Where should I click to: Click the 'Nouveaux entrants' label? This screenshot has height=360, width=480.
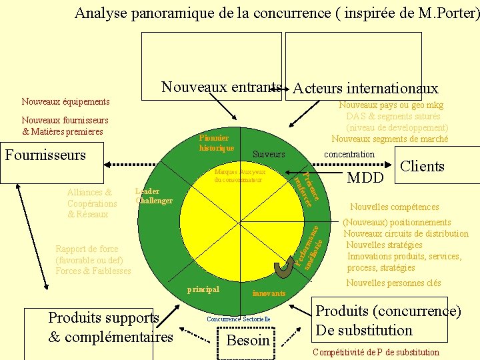pos(221,87)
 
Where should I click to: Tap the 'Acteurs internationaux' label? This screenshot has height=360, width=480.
pos(365,88)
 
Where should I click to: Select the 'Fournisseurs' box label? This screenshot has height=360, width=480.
pos(45,155)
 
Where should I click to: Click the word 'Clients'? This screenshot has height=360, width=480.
pos(422,166)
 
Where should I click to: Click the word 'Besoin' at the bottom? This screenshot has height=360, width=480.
pos(248,341)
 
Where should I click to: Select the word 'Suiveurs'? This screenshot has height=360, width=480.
pos(269,154)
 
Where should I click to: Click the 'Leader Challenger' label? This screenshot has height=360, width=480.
pos(154,196)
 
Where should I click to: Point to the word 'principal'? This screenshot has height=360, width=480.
pos(203,289)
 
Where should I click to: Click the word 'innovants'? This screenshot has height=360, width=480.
pos(269,293)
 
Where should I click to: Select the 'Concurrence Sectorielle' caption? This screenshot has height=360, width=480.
pos(238,319)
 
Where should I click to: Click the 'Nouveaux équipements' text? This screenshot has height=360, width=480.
pos(65,101)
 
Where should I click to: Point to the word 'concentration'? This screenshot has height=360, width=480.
pos(349,154)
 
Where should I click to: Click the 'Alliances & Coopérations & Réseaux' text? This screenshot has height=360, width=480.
pos(92,203)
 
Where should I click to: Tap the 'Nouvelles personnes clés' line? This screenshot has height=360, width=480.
pos(393,283)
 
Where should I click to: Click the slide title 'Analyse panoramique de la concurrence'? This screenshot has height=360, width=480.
pos(276,13)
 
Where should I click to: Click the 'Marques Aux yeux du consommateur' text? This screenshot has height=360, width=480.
pos(239,176)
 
